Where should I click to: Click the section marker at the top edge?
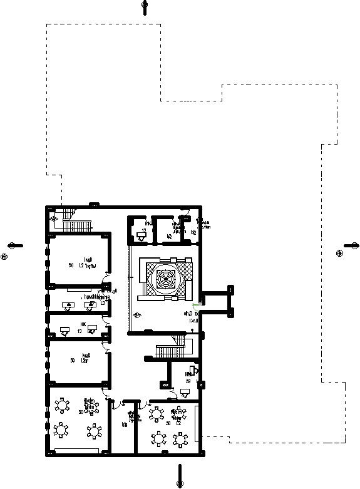pos(145,7)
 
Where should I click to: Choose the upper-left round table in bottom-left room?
pos(62,406)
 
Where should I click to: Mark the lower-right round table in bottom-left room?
pos(93,431)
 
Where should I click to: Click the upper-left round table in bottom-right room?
pos(155,414)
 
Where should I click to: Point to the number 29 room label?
pos(188,381)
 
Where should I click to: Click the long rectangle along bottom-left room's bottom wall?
pos(77,451)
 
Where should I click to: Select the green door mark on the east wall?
pos(196,305)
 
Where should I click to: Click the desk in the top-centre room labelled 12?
pos(141,236)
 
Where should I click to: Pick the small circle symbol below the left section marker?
pos(4,256)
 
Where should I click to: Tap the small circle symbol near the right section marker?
pos(339,253)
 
